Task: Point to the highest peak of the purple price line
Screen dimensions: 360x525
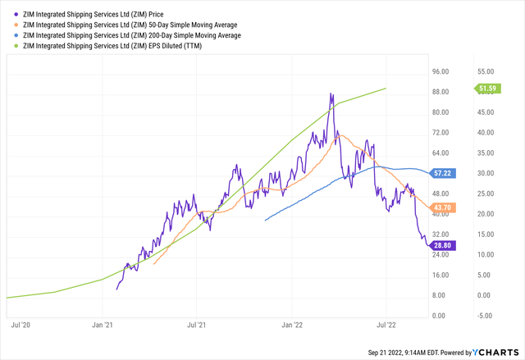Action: tap(331, 93)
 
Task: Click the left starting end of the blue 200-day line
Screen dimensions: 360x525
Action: tap(264, 221)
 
